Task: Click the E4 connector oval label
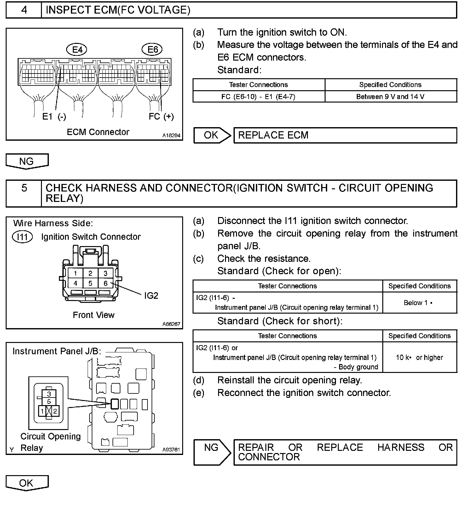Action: tap(77, 50)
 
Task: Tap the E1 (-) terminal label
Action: tap(54, 117)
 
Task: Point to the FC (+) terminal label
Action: tap(161, 116)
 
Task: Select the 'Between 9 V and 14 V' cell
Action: tap(390, 97)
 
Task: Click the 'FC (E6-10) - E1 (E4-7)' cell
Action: tap(258, 97)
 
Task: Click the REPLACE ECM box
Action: tap(345, 135)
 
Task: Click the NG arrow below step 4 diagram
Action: tap(27, 161)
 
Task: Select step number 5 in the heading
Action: tap(24, 188)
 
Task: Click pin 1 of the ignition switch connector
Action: tap(75, 273)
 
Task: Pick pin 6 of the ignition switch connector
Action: tap(106, 283)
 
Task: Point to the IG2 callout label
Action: tap(151, 296)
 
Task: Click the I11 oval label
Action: tap(22, 237)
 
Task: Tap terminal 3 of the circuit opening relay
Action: tap(49, 394)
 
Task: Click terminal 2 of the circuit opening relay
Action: tap(55, 411)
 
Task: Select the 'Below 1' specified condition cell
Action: tap(419, 303)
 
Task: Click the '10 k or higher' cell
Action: tap(419, 357)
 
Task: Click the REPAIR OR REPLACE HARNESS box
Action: tap(345, 452)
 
